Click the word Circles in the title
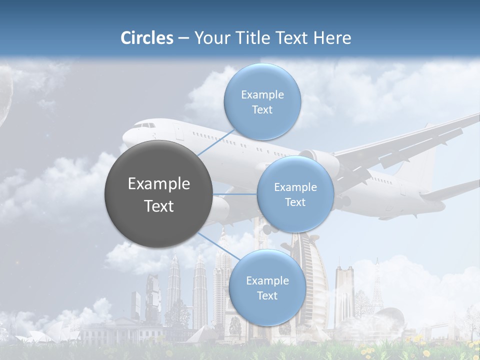(x=146, y=38)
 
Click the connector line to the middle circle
(x=235, y=194)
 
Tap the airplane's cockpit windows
(x=145, y=125)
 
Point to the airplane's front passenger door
(x=178, y=132)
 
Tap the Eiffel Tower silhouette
(x=377, y=290)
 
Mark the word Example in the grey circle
(x=158, y=184)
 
